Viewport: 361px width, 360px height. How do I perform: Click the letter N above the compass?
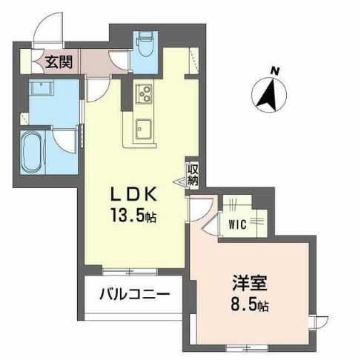point(275,71)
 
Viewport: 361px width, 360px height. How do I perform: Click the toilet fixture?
point(145,47)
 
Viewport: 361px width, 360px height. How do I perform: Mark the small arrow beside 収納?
point(184,178)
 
